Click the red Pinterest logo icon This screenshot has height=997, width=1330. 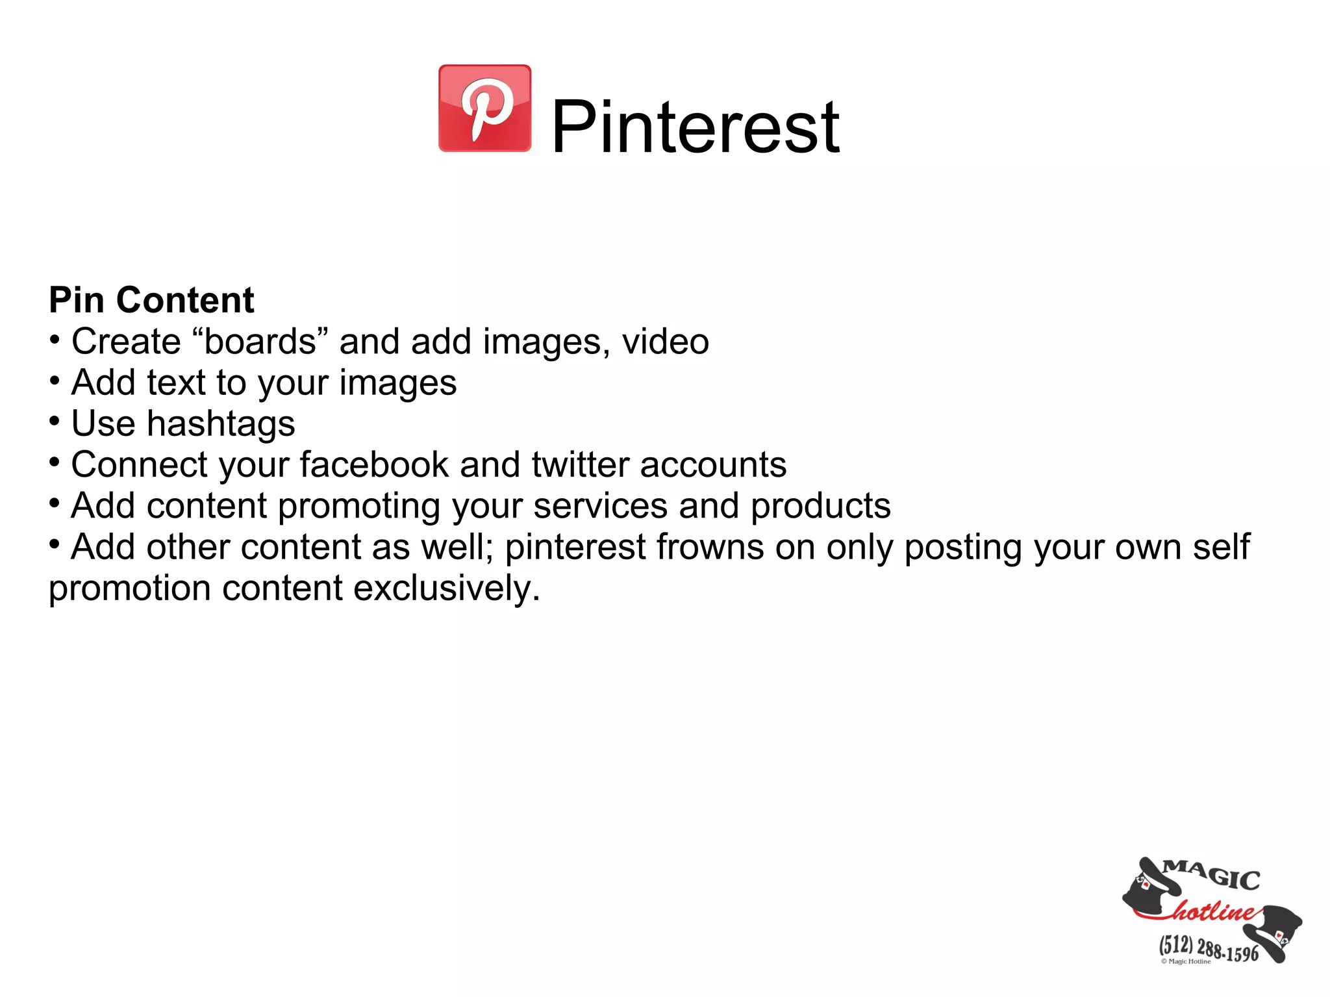(x=484, y=108)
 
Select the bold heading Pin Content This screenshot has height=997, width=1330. (x=151, y=300)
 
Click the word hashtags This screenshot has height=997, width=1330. (x=221, y=424)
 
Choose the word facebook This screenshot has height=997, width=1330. (x=374, y=464)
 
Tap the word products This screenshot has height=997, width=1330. (x=820, y=506)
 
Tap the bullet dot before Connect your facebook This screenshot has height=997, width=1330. (x=56, y=462)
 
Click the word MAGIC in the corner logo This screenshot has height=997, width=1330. (x=1212, y=875)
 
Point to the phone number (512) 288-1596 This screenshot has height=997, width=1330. (x=1209, y=949)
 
